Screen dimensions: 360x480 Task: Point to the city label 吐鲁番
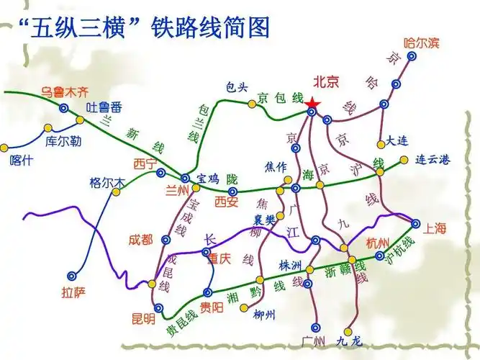104,108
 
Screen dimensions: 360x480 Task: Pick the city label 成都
141,239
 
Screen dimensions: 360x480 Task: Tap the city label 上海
435,229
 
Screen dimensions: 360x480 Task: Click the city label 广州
314,341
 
